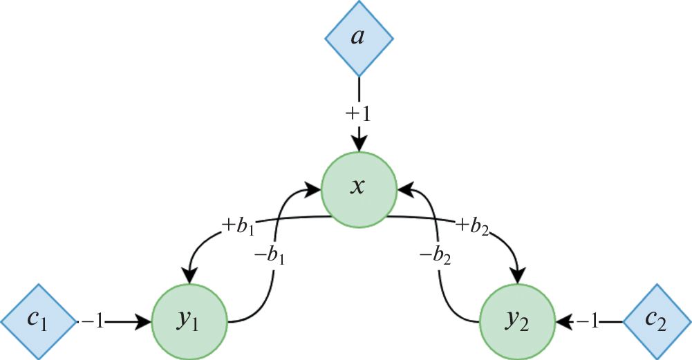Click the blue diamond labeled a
(x=358, y=38)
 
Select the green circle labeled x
(x=358, y=187)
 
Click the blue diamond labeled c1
(x=38, y=321)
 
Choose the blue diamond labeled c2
(x=656, y=321)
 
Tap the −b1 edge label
(x=269, y=258)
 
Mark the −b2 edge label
(x=436, y=258)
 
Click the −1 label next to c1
(x=93, y=322)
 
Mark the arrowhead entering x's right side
(x=404, y=187)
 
